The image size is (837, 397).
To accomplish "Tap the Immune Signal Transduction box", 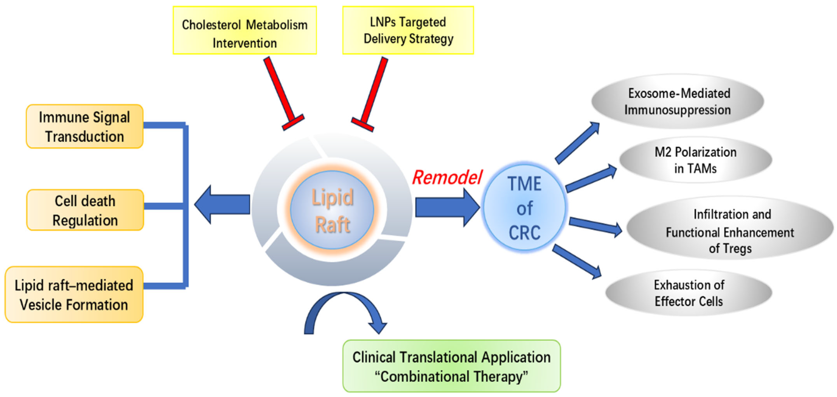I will coord(84,127).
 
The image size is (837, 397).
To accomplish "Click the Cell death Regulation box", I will coord(85,210).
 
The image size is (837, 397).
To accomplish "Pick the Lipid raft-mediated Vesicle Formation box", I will coord(74,295).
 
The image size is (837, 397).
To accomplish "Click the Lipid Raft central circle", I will coord(332,210).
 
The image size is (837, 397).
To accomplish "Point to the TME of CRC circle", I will coord(524,208).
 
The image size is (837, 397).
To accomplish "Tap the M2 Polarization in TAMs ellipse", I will coord(695,160).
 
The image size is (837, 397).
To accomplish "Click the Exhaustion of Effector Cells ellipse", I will coord(689,293).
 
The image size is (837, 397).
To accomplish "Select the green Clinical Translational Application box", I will coord(452,366).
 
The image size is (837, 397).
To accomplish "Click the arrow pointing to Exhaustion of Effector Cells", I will coord(577,261).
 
